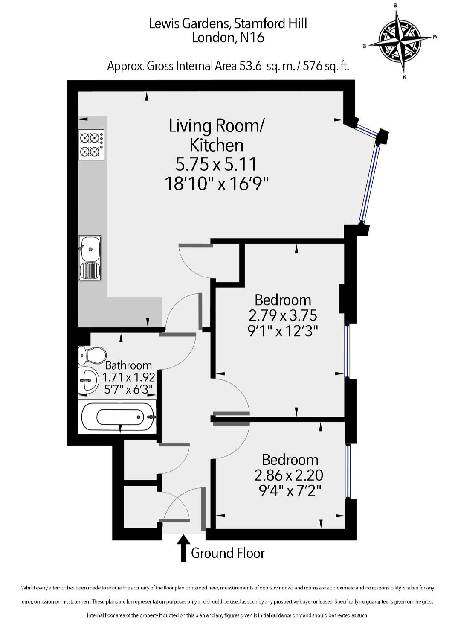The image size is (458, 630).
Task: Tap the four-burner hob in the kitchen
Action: (91, 145)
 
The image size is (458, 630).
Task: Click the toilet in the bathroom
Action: (92, 355)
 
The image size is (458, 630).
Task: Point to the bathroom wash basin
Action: (89, 379)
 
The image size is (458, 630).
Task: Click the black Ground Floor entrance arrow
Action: (183, 548)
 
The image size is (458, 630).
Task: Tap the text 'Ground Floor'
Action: (228, 553)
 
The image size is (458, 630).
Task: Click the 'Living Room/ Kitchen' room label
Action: (217, 135)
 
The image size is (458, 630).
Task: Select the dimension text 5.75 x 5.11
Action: (217, 164)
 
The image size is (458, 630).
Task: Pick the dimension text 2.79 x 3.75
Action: (283, 315)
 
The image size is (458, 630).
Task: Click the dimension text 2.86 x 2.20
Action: (289, 475)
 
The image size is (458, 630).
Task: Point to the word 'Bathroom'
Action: (128, 365)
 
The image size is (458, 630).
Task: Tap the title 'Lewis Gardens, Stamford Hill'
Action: (228, 23)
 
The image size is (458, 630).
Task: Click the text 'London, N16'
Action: (228, 38)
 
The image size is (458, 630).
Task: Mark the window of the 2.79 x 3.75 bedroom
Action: (348, 351)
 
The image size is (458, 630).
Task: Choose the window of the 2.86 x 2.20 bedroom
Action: (348, 471)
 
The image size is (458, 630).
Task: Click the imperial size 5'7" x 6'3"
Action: (128, 389)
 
